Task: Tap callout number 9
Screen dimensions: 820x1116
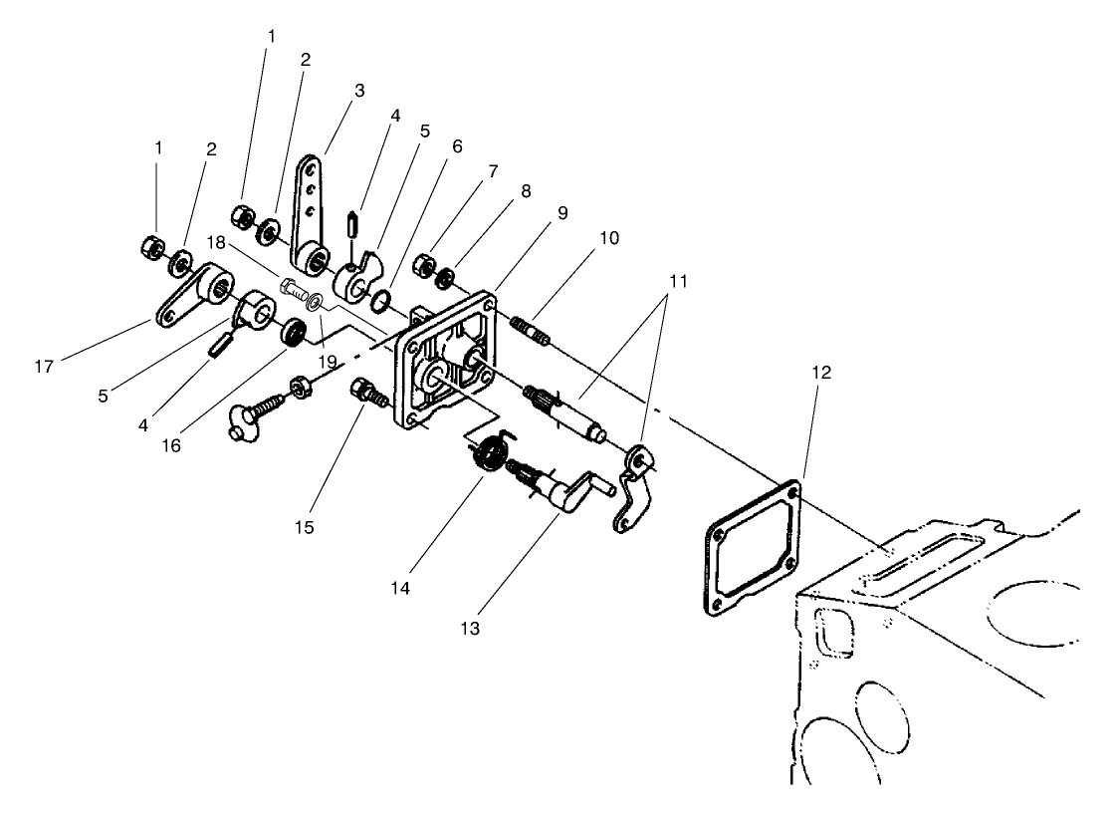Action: click(x=563, y=213)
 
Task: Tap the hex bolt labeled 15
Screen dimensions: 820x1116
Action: click(x=365, y=391)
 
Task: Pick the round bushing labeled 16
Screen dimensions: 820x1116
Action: click(x=293, y=332)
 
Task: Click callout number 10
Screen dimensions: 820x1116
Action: click(x=608, y=238)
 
